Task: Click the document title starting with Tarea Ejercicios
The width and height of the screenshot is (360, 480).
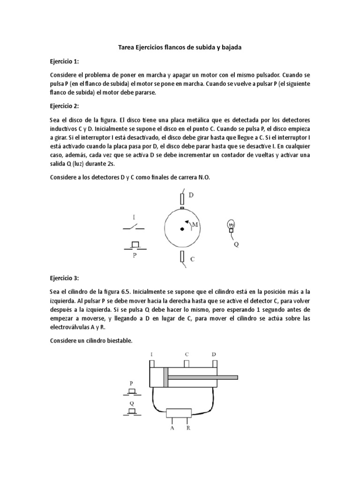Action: [x=180, y=48]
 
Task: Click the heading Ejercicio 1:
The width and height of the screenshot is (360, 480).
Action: [x=64, y=61]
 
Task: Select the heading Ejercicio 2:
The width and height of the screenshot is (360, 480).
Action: [x=64, y=106]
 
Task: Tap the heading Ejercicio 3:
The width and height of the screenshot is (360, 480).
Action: [x=64, y=278]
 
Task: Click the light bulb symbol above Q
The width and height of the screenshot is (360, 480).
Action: [x=231, y=226]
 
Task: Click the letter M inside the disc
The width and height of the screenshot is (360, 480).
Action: [x=195, y=225]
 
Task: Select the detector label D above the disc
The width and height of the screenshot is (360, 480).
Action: [x=191, y=195]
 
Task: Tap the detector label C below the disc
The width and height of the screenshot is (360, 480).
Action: [x=192, y=258]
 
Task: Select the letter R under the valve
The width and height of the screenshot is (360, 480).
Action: [x=188, y=428]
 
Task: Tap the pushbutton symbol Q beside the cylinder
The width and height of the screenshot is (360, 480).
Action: [x=132, y=411]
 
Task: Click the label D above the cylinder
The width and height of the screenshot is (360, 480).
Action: [x=214, y=354]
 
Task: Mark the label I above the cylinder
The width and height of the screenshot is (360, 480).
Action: [x=151, y=354]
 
